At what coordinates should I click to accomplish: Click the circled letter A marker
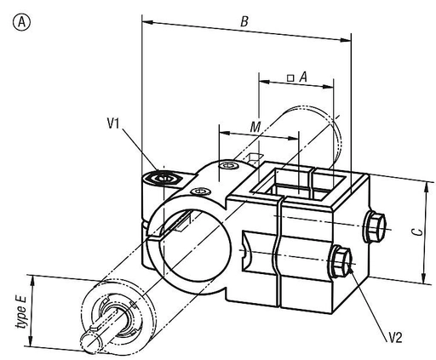21,22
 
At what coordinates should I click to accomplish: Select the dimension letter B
244,21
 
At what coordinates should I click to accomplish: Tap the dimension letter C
417,231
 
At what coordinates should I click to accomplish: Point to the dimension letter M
255,127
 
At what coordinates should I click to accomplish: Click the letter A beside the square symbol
303,77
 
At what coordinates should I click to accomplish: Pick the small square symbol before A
290,78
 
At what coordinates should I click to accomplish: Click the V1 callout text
113,123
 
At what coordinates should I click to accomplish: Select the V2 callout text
395,338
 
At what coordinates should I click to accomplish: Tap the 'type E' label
21,312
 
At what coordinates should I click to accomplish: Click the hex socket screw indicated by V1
163,179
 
